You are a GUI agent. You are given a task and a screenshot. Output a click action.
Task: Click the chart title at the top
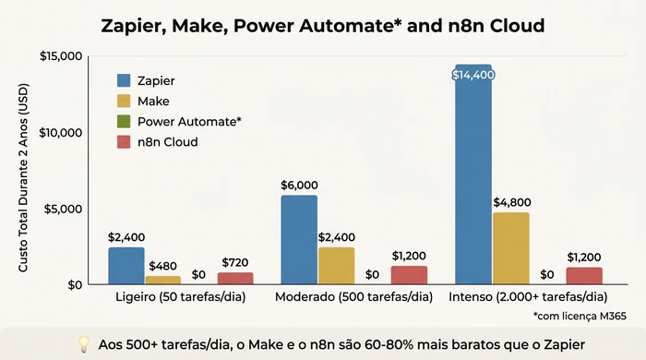pyautogui.click(x=323, y=25)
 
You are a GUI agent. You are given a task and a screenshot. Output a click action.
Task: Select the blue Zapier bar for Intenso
pyautogui.click(x=473, y=175)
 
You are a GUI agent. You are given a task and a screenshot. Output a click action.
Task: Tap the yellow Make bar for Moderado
pyautogui.click(x=336, y=265)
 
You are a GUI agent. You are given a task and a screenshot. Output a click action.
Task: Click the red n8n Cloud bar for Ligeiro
pyautogui.click(x=234, y=278)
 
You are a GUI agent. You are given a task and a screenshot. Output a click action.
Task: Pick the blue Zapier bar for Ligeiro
pyautogui.click(x=126, y=265)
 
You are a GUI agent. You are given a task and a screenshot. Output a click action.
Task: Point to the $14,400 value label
pyautogui.click(x=473, y=75)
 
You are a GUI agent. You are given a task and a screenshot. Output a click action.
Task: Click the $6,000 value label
pyautogui.click(x=299, y=185)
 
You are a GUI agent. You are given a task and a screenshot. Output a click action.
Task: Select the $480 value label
pyautogui.click(x=163, y=266)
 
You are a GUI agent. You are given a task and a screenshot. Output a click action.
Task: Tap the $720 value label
pyautogui.click(x=234, y=262)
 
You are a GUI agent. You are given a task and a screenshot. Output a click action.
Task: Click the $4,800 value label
pyautogui.click(x=510, y=202)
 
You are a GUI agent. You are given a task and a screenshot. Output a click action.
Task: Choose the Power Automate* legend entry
pyautogui.click(x=189, y=121)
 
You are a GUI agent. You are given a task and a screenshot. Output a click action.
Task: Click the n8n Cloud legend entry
pyautogui.click(x=168, y=142)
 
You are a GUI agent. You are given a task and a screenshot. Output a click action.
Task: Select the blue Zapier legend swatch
pyautogui.click(x=124, y=79)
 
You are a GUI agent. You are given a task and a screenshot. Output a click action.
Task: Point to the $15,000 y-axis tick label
pyautogui.click(x=62, y=56)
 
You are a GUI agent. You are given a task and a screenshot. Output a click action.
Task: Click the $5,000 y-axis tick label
pyautogui.click(x=66, y=209)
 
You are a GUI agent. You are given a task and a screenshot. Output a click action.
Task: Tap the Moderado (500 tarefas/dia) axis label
pyautogui.click(x=354, y=297)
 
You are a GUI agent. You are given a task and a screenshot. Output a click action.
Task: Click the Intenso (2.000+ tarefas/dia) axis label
pyautogui.click(x=528, y=297)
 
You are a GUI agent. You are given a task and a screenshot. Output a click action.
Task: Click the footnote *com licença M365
pyautogui.click(x=580, y=317)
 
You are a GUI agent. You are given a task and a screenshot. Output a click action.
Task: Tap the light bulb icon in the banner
pyautogui.click(x=82, y=343)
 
